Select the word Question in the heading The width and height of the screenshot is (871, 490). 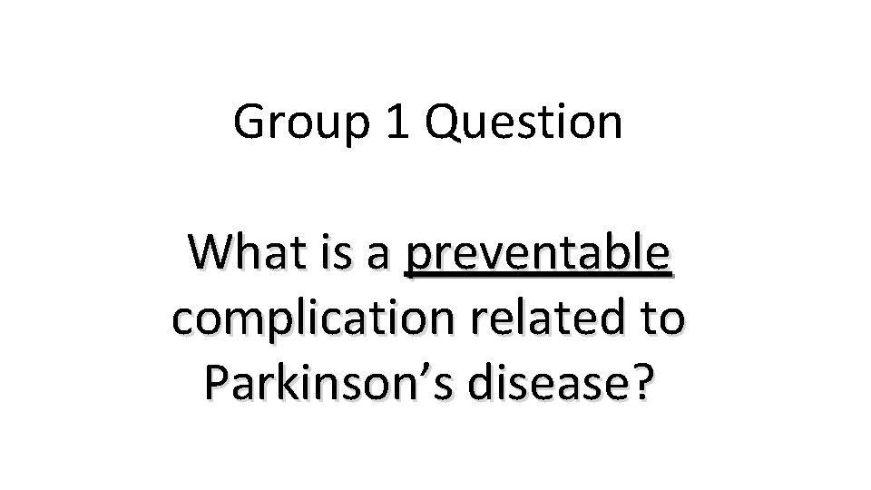523,123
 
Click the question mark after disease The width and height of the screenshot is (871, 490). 641,382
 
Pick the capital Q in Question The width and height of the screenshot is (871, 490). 440,124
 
